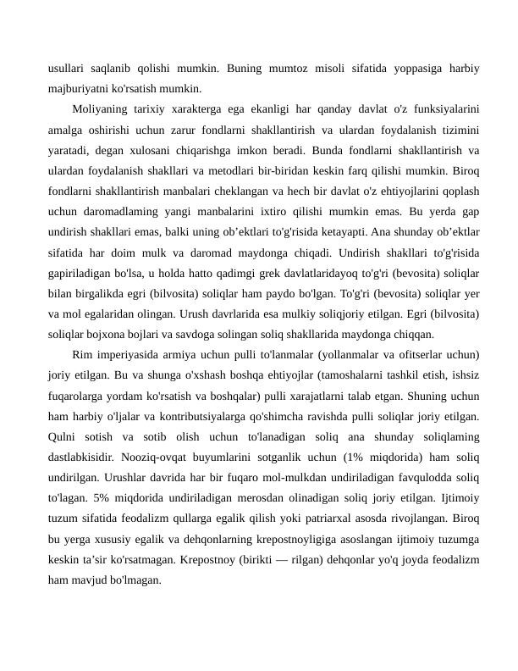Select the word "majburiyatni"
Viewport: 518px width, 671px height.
point(84,87)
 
